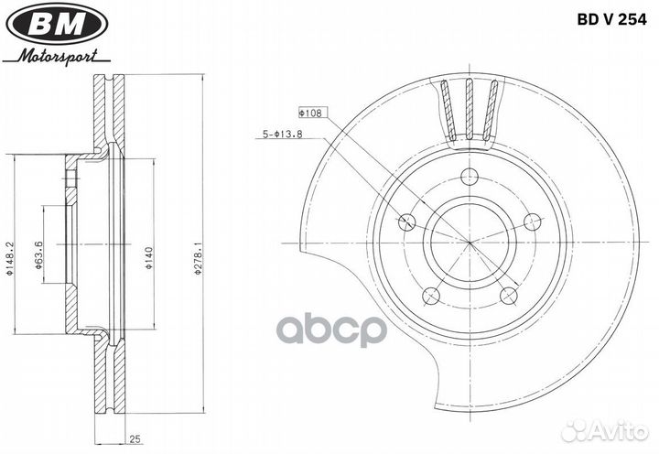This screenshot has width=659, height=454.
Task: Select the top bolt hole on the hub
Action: click(x=469, y=178)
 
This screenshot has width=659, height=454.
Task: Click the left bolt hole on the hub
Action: click(x=407, y=221)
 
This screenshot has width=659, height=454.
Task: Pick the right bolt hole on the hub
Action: click(x=530, y=222)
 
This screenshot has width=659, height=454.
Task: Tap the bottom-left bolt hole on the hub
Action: click(x=431, y=295)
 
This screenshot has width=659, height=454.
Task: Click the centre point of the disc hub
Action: click(x=469, y=243)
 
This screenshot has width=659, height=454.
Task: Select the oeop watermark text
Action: click(x=332, y=331)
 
